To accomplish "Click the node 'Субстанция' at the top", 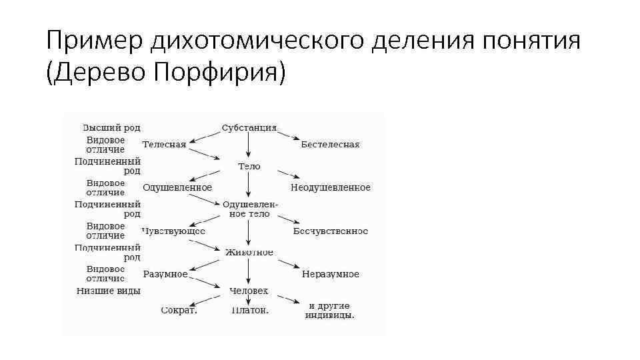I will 249,127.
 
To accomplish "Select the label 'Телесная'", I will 164,145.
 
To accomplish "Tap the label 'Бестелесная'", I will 330,145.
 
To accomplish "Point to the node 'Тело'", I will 249,166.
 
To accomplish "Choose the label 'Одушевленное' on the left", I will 177,188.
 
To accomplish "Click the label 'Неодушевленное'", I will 330,188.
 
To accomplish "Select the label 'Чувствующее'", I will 173,231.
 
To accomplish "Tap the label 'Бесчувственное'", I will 330,231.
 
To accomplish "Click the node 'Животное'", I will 249,252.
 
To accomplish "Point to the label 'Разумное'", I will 165,274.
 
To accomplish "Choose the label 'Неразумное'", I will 330,274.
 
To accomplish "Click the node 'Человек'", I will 249,291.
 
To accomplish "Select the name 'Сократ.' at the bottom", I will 179,310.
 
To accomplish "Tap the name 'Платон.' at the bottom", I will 250,310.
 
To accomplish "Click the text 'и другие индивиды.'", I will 330,310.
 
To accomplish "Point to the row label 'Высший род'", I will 111,127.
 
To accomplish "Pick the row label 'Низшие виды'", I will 108,291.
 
